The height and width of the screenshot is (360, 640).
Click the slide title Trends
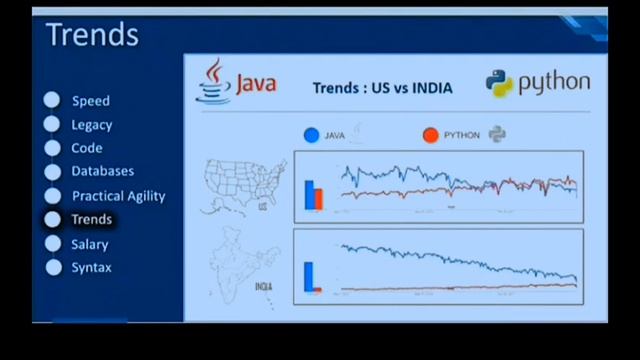click(92, 35)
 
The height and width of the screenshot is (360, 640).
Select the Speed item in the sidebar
click(90, 101)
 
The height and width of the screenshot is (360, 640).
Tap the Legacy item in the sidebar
click(91, 125)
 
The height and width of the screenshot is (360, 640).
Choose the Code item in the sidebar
click(86, 148)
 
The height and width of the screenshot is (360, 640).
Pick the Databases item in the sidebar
click(102, 171)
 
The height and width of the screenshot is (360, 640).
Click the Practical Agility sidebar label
click(118, 196)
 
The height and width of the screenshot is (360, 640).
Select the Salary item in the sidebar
click(89, 244)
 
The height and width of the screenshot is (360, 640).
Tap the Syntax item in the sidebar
click(91, 268)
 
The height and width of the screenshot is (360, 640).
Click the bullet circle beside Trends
click(52, 220)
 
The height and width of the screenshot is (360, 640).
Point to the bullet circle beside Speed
click(52, 100)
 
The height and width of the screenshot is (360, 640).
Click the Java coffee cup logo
click(213, 80)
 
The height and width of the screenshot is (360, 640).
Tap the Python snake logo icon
click(499, 83)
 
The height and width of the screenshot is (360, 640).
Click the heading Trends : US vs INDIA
click(382, 88)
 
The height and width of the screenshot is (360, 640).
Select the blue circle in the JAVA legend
click(312, 135)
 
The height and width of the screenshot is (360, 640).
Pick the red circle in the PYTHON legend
click(431, 135)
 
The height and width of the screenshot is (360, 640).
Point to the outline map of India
click(237, 267)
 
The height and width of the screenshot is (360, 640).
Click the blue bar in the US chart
click(309, 196)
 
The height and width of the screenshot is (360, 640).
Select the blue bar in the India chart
click(309, 275)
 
